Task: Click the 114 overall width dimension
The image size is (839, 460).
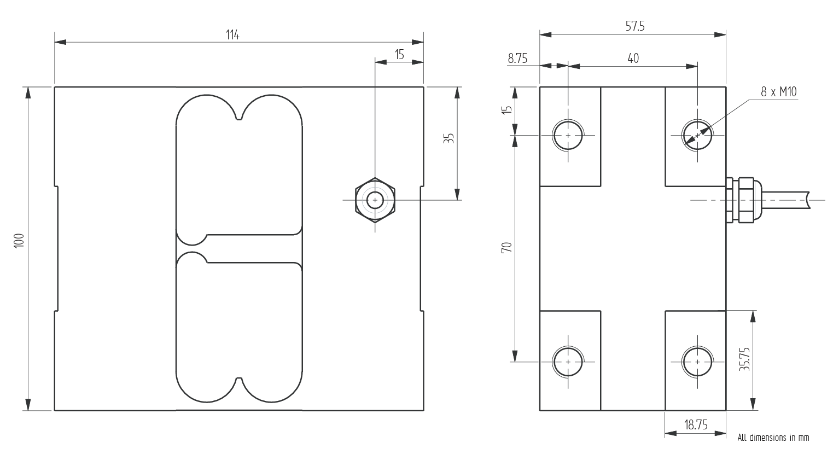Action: tap(232, 35)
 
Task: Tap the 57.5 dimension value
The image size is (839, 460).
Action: tap(634, 26)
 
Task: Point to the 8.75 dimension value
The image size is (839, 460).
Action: tap(517, 59)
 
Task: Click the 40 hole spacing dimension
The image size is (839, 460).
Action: tap(633, 59)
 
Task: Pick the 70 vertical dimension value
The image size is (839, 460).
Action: tap(507, 247)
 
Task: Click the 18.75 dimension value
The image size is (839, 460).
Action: tap(695, 425)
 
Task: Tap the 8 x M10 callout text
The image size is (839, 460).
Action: tap(778, 92)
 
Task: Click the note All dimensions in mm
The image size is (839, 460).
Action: tap(773, 438)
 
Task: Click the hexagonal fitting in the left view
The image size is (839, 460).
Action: tap(375, 200)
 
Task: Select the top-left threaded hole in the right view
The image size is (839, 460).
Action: tap(568, 135)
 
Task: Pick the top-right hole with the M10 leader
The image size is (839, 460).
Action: tap(697, 135)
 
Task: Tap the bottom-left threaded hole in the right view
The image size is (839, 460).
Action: tap(568, 362)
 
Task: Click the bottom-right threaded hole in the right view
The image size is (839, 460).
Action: tap(697, 362)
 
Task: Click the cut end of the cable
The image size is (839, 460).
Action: tap(808, 200)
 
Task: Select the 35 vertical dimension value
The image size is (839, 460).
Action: tap(449, 138)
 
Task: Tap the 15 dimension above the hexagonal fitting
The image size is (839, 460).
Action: tap(399, 55)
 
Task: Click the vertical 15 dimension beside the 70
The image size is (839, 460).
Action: tap(507, 109)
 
